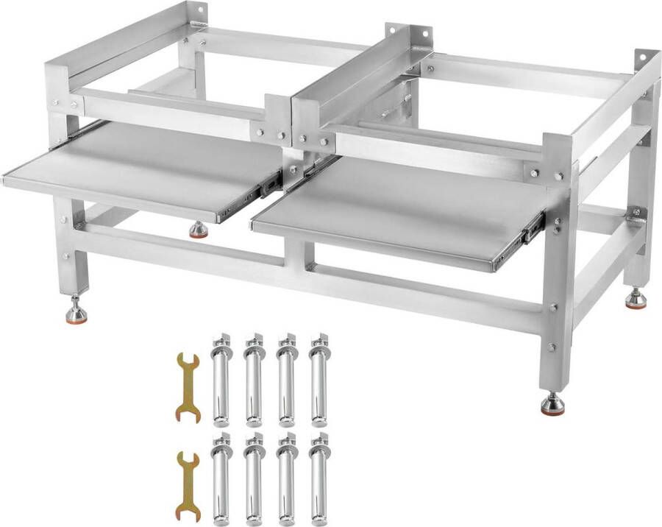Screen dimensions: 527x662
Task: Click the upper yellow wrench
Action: point(188,387)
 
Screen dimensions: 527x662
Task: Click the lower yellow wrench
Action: point(188,487)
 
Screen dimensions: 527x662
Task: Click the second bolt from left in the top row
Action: point(254,381)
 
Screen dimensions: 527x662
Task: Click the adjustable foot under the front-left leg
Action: point(76,313)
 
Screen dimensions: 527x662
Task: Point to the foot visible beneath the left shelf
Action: point(198,231)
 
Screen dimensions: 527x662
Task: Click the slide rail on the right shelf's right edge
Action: point(531,230)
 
